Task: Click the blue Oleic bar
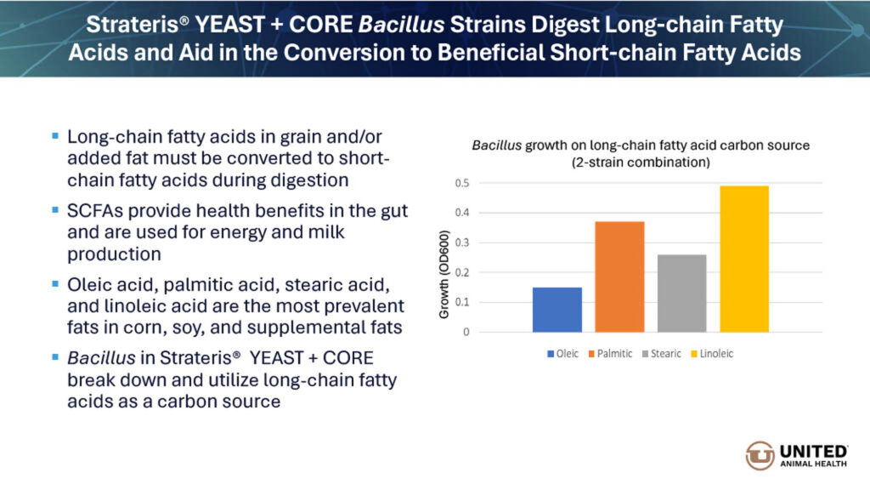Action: click(x=557, y=310)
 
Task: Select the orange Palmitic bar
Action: click(x=619, y=276)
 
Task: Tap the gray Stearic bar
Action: click(x=681, y=293)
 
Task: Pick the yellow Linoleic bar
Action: click(x=743, y=259)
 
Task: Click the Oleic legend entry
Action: click(x=563, y=353)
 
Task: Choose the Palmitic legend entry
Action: click(x=612, y=353)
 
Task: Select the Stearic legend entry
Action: click(x=663, y=353)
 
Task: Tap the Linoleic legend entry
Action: click(x=715, y=353)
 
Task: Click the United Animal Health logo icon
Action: click(x=760, y=455)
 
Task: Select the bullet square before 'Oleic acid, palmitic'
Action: click(x=55, y=282)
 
